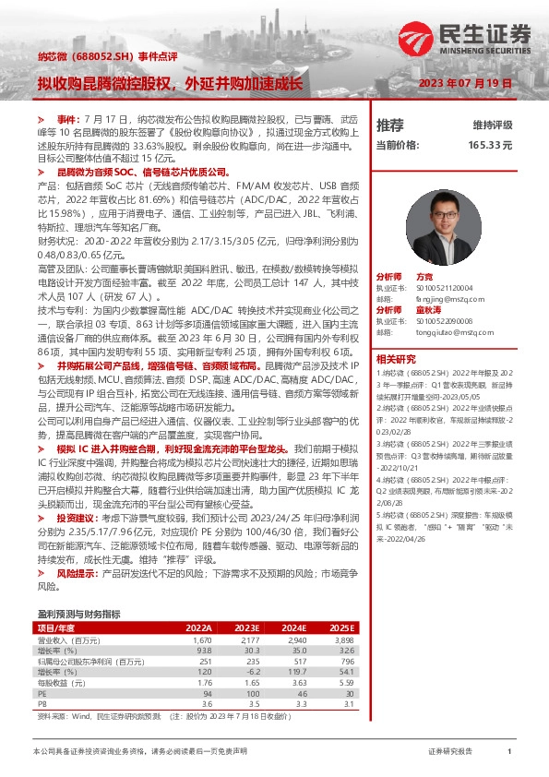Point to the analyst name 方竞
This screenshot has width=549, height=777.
pyautogui.click(x=424, y=276)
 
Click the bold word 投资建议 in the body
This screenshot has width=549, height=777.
pyautogui.click(x=77, y=519)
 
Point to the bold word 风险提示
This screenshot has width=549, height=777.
pyautogui.click(x=77, y=573)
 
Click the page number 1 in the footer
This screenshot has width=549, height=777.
pyautogui.click(x=508, y=752)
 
